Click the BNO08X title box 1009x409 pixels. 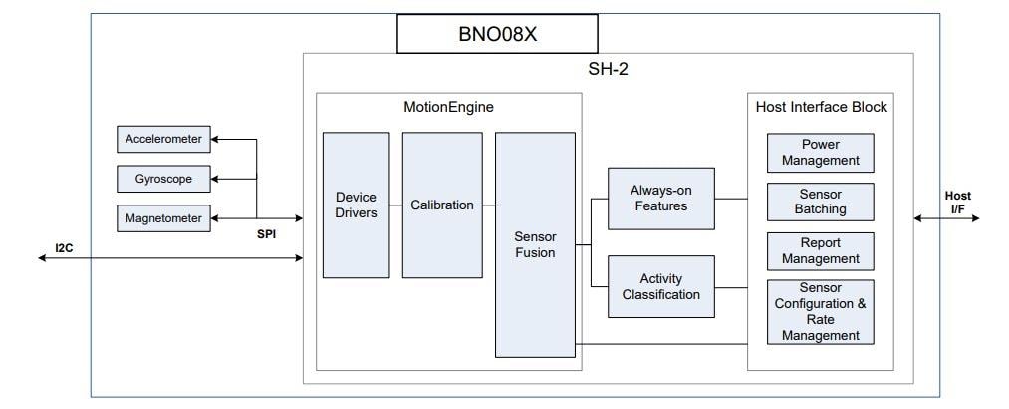(498, 33)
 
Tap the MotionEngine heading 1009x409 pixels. (448, 107)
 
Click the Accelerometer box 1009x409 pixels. (164, 140)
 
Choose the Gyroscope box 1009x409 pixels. (164, 179)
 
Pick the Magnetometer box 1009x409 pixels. (164, 217)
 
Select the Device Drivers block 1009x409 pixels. (356, 205)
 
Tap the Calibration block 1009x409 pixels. (442, 205)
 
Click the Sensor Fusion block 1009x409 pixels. (535, 244)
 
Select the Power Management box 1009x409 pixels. (820, 153)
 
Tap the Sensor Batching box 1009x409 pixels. (820, 202)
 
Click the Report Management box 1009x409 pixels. (820, 251)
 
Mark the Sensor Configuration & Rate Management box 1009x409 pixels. (820, 312)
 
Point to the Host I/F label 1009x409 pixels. (957, 202)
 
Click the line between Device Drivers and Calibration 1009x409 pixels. (395, 205)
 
